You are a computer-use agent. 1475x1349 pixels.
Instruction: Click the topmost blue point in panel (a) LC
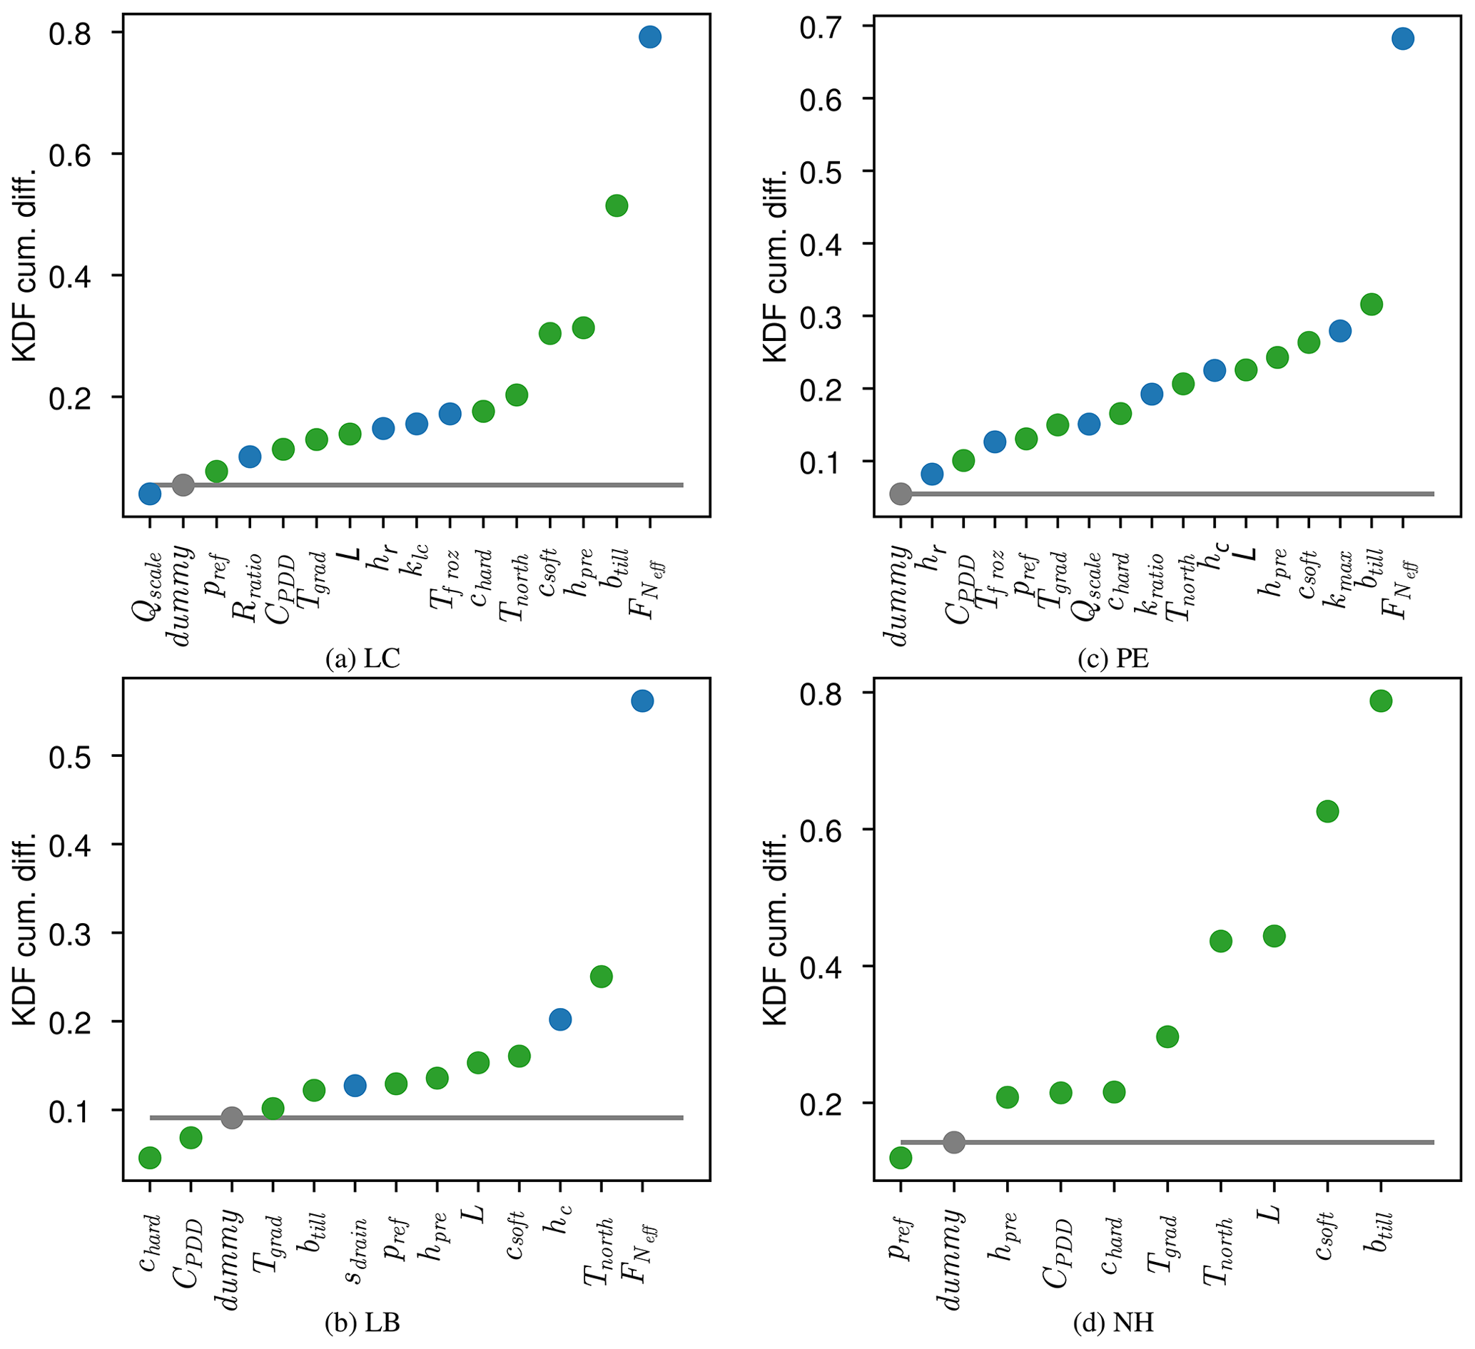tap(649, 36)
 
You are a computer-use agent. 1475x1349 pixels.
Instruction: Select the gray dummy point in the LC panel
tap(183, 484)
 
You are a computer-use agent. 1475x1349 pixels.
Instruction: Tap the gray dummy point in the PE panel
tap(901, 494)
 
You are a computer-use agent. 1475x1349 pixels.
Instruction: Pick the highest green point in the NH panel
tap(1380, 701)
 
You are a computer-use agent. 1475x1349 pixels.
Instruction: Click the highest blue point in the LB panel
tap(642, 701)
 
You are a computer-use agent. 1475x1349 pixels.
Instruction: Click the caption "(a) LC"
tap(363, 659)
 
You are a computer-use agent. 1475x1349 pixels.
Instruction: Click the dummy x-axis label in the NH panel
tap(951, 1247)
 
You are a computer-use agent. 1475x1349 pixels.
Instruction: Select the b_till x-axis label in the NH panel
tap(1379, 1236)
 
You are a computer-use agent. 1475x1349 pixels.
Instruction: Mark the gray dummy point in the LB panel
tap(231, 1118)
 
